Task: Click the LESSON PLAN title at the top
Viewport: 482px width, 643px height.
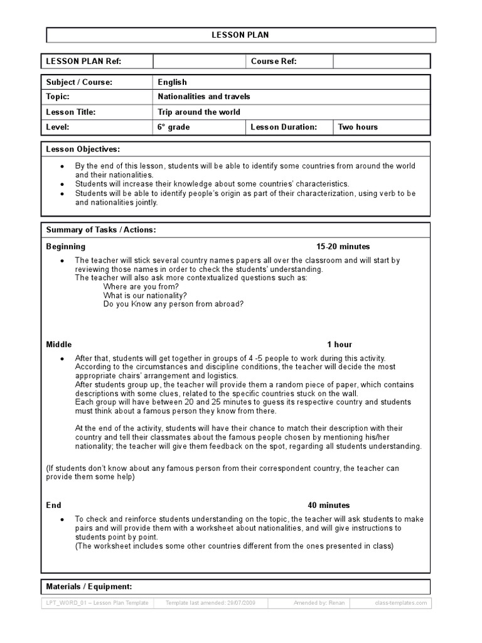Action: pos(240,35)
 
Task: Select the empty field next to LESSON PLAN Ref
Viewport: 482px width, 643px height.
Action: pos(198,61)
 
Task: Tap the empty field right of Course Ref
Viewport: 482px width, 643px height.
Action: pos(381,61)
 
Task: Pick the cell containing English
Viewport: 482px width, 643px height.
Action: pos(172,82)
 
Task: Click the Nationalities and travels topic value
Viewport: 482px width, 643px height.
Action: pos(203,97)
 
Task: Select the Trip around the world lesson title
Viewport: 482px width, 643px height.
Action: pos(198,112)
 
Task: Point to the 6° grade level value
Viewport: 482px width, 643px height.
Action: pos(173,127)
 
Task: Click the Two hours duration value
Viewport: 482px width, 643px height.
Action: pos(358,127)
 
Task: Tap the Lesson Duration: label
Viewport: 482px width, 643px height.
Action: pos(284,127)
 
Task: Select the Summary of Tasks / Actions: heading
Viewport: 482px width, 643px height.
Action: pos(101,230)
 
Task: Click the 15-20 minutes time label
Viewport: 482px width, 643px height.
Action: pos(343,246)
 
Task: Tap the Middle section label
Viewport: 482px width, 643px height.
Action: pos(59,344)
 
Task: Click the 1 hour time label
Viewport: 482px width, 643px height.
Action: pos(339,344)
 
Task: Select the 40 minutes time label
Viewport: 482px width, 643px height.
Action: pos(328,505)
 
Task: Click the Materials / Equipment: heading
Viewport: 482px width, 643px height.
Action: pos(89,586)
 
